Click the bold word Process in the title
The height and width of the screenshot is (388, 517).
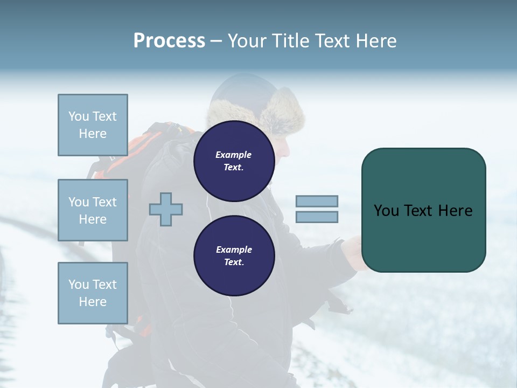[169, 40]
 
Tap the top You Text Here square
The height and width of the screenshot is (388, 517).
[93, 125]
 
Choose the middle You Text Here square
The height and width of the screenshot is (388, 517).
[93, 210]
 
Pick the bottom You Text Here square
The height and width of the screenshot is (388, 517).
[93, 293]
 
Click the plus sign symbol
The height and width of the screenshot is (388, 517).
[166, 209]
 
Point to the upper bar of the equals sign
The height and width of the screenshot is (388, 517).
[317, 201]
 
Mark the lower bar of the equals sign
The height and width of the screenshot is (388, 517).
[317, 217]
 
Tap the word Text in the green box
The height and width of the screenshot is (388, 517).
[418, 211]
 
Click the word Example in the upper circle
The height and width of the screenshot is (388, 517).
[233, 155]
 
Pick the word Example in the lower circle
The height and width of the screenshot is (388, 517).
[233, 250]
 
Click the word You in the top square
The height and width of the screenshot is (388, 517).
[79, 116]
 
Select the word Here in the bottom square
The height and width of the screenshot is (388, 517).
[93, 302]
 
